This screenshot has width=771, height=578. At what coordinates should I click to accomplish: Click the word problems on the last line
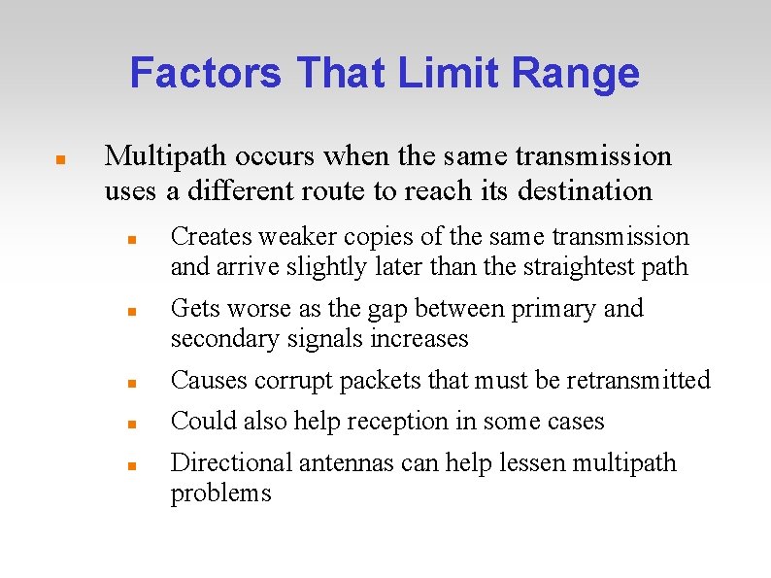pos(220,493)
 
